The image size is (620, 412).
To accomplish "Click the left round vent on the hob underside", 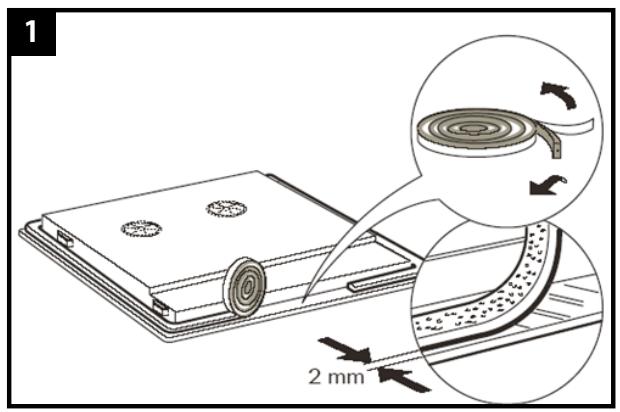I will pos(141,228).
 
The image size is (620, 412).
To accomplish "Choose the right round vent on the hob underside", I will pos(226,208).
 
